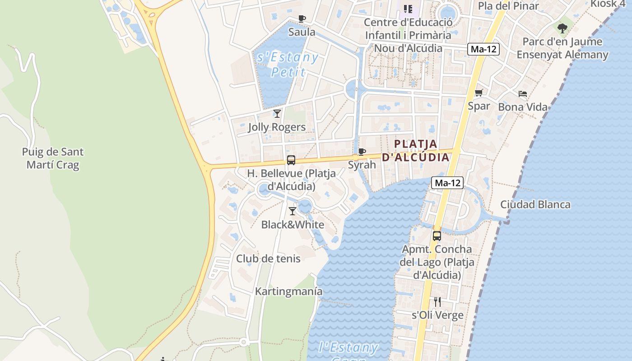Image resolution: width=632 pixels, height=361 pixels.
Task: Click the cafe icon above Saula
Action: [x=302, y=19]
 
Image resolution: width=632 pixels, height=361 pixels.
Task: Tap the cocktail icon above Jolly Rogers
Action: [x=277, y=114]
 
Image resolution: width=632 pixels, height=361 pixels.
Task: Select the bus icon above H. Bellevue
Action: [x=291, y=160]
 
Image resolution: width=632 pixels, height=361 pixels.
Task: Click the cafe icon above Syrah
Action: [x=362, y=152]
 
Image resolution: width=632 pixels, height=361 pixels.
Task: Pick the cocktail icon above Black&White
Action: [x=293, y=211]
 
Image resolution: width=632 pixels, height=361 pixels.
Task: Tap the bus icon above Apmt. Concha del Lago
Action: [x=437, y=236]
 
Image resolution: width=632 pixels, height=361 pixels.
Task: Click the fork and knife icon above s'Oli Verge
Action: [x=437, y=301]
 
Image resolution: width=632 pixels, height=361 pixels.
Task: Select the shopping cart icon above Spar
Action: [x=479, y=93]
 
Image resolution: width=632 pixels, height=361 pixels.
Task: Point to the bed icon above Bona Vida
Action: [x=523, y=94]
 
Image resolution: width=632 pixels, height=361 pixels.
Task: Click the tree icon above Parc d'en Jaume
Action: [x=562, y=28]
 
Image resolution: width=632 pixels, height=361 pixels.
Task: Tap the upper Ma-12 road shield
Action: [x=483, y=49]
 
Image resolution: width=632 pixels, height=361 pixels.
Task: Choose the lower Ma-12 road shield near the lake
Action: [x=447, y=183]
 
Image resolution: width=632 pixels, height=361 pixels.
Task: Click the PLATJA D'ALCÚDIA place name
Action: [x=416, y=151]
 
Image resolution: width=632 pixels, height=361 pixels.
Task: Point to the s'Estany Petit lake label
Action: [x=288, y=65]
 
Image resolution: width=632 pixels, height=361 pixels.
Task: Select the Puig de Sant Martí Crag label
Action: [x=53, y=158]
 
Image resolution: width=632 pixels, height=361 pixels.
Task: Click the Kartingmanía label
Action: [x=289, y=292]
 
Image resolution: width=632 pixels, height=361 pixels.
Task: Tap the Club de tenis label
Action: [x=268, y=259]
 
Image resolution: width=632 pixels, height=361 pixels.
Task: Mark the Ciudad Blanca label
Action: [x=535, y=204]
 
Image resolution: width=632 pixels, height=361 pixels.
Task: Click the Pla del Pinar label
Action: [x=508, y=6]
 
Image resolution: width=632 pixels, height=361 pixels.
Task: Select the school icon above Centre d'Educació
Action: [x=408, y=9]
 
